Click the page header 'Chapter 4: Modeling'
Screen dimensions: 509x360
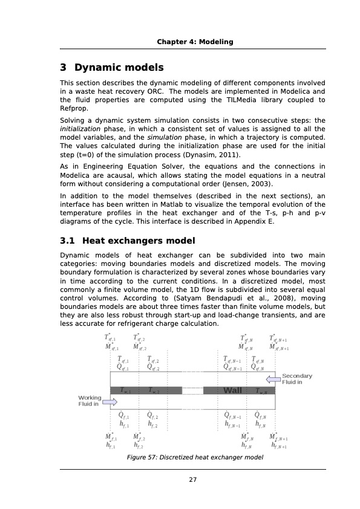click(195, 42)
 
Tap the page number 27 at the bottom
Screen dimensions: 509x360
click(192, 479)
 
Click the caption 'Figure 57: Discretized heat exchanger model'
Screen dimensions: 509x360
click(194, 458)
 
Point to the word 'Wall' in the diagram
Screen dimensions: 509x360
click(232, 391)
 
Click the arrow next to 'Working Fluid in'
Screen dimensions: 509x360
click(110, 401)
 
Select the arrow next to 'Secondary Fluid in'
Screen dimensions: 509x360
click(273, 379)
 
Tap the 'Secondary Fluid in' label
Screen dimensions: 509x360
click(297, 379)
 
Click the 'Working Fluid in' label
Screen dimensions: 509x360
click(89, 401)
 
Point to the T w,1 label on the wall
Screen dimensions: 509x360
click(125, 391)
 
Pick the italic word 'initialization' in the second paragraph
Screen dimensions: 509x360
click(80, 129)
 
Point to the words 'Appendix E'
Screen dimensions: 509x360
click(254, 222)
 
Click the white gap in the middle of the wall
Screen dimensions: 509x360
click(192, 391)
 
